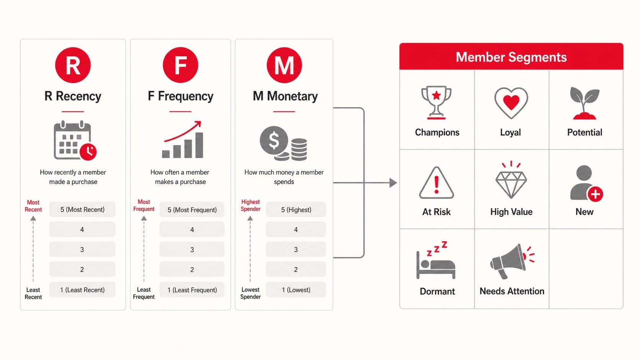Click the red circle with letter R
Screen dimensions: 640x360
[73, 65]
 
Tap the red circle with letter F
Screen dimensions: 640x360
[180, 65]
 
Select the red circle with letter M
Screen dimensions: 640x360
[284, 65]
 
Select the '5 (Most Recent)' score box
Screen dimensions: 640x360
[82, 210]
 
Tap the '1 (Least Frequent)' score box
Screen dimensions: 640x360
[192, 290]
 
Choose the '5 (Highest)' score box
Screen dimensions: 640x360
[296, 210]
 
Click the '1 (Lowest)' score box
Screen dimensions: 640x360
[296, 290]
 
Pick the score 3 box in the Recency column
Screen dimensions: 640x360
[82, 249]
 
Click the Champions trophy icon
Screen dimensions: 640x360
[436, 103]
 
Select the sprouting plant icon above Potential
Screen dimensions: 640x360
[584, 103]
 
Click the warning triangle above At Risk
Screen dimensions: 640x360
[436, 183]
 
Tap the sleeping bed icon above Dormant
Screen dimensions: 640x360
[436, 260]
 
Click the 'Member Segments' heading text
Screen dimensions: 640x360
[511, 57]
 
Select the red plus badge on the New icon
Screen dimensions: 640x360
[596, 194]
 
